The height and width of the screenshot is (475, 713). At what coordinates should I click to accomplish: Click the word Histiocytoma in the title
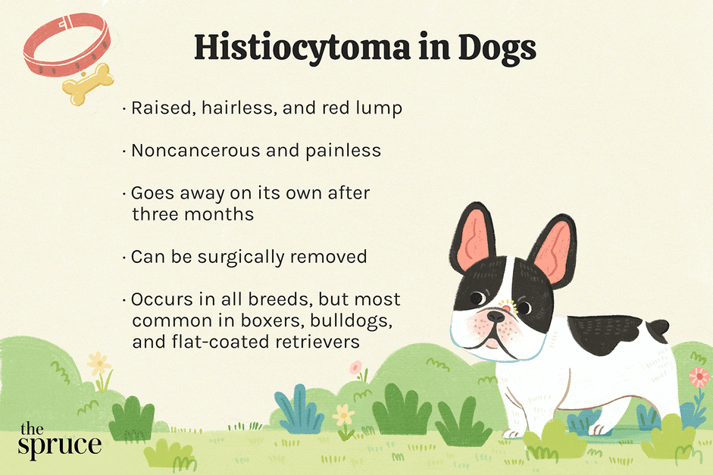pos(302,48)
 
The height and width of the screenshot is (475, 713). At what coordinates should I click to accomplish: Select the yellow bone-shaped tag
pos(88,84)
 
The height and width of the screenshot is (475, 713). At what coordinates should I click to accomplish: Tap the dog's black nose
pos(496,317)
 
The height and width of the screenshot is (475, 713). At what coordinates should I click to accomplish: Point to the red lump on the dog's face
pos(507,308)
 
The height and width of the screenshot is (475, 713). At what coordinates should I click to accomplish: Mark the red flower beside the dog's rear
pos(698,377)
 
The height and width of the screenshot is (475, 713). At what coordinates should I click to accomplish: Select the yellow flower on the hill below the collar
pos(99,364)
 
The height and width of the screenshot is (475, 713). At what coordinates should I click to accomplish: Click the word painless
pos(342,151)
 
